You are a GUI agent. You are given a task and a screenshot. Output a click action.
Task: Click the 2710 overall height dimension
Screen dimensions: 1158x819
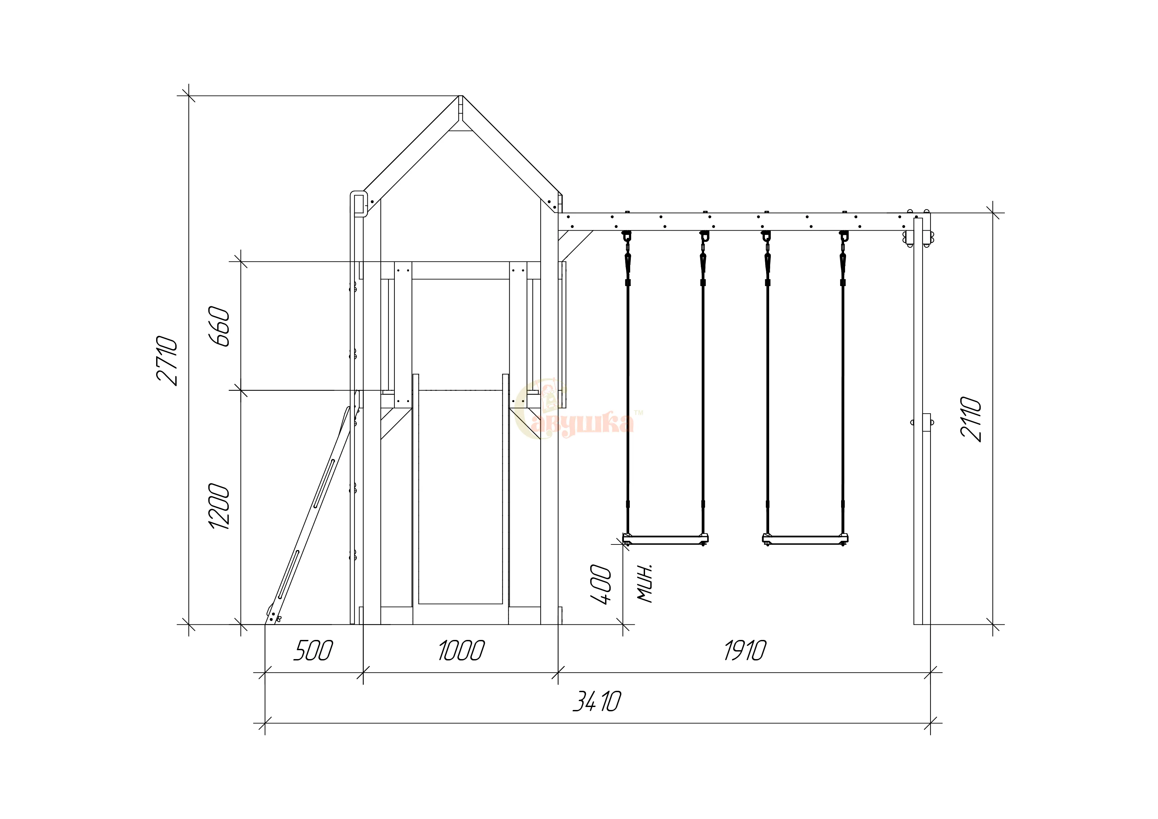click(x=167, y=360)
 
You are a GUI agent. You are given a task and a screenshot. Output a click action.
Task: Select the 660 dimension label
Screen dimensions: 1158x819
click(x=220, y=326)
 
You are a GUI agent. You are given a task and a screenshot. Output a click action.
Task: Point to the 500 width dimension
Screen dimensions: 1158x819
click(x=313, y=651)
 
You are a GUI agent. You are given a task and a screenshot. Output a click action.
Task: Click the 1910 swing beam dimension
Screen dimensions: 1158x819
click(x=745, y=651)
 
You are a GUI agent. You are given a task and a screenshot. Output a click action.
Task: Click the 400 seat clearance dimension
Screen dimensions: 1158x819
click(x=601, y=584)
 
